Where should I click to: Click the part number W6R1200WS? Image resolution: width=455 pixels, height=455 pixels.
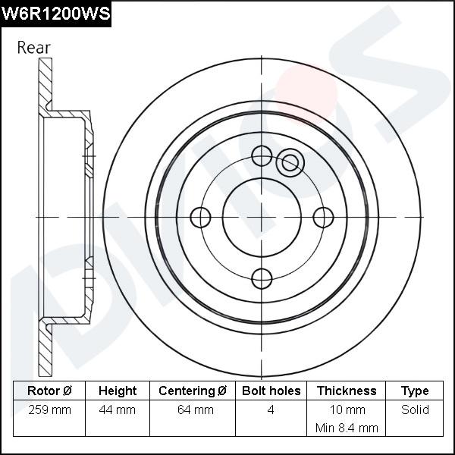click(55, 13)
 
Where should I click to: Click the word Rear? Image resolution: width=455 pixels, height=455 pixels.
click(34, 47)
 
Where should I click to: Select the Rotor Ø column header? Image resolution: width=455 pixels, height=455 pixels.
click(49, 391)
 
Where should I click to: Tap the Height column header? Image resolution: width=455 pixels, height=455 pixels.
click(118, 391)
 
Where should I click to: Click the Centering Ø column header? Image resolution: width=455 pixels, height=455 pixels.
click(193, 391)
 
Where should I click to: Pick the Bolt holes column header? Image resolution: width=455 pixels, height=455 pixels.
click(271, 391)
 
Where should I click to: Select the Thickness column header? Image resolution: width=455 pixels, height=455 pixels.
click(347, 391)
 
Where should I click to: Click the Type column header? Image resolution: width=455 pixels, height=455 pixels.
click(415, 391)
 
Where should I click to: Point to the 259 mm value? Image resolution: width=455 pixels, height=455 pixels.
click(49, 410)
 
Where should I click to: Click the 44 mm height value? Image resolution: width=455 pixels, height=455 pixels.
click(118, 410)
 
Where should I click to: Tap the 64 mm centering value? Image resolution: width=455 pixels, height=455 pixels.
click(193, 410)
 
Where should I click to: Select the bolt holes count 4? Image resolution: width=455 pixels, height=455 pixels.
click(271, 410)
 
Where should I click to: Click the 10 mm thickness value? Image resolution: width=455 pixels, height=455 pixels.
click(347, 410)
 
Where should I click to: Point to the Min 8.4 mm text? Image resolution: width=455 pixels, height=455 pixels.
click(347, 428)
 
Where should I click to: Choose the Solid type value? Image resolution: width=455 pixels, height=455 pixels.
click(415, 410)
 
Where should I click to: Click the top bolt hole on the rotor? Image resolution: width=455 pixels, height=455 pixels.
click(262, 156)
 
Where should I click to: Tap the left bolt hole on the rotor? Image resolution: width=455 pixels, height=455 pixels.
click(200, 218)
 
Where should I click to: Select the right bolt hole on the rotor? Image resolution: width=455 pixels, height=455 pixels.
click(324, 218)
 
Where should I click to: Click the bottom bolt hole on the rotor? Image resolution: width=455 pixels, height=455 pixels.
click(262, 278)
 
